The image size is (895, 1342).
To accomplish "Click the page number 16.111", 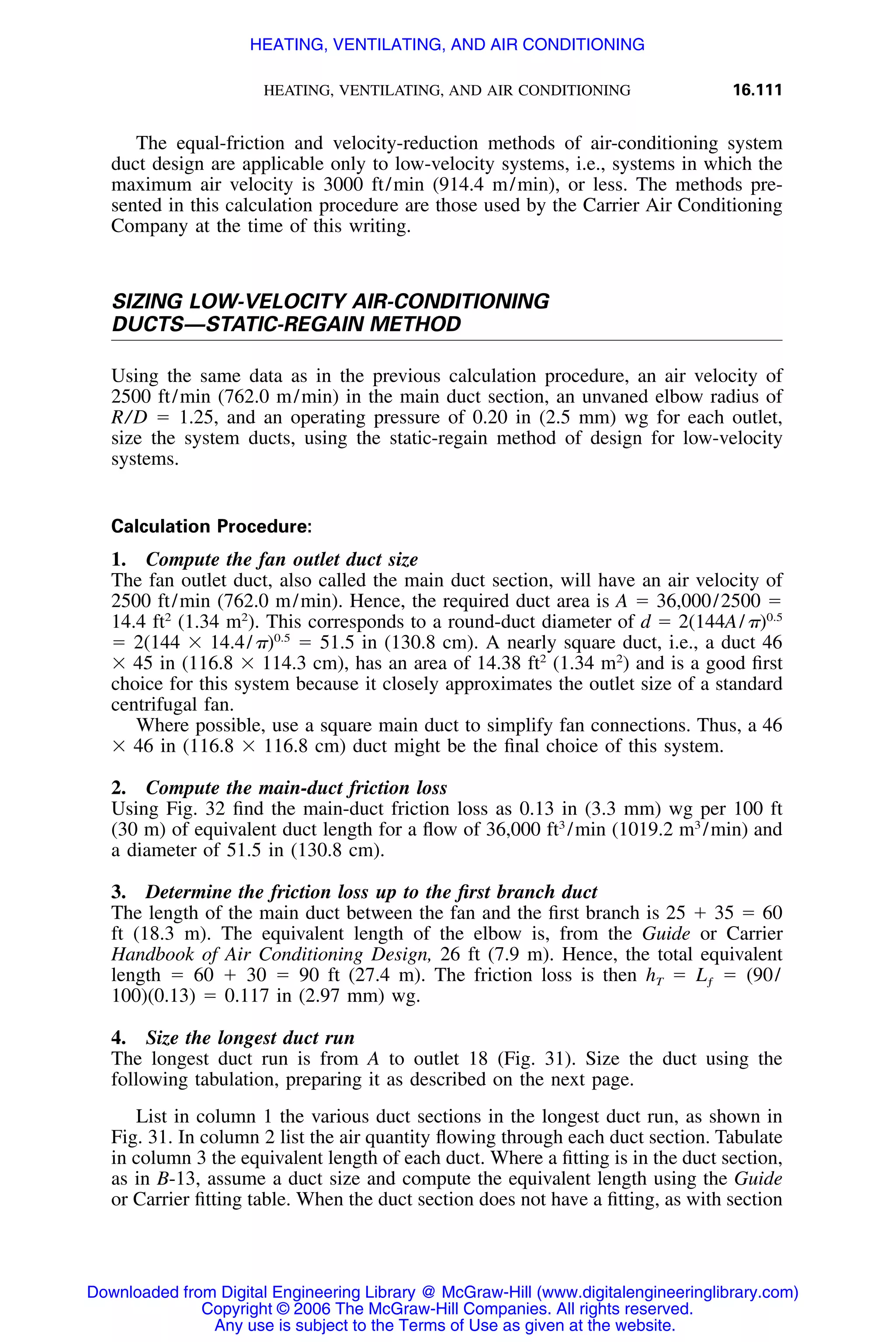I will pos(757,90).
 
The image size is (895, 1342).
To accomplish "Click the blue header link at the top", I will pos(447,45).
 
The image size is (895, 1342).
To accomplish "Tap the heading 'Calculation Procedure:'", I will pos(211,526).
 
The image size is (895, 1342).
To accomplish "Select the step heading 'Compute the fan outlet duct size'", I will pos(281,559).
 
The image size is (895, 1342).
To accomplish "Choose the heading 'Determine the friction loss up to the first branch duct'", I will pos(371,892).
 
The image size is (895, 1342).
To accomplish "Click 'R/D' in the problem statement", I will pos(129,418).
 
